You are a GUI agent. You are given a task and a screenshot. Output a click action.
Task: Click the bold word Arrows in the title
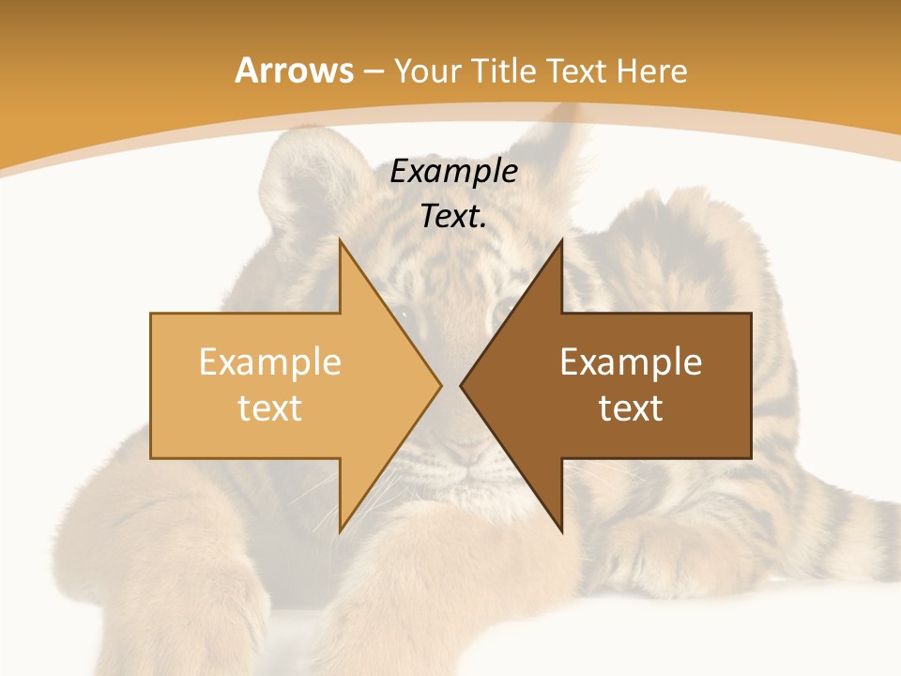(294, 70)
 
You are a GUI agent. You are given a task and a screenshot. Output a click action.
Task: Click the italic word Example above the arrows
(454, 171)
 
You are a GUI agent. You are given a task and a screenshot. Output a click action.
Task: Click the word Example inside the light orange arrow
(270, 361)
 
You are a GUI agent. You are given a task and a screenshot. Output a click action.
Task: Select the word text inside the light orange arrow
(270, 408)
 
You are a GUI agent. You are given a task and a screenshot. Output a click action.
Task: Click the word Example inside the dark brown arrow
(631, 361)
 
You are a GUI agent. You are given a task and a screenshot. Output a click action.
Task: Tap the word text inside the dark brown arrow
(631, 408)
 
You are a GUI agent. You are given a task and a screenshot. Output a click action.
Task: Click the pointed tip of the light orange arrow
(440, 385)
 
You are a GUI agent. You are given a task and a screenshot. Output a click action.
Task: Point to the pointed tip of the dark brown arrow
(461, 385)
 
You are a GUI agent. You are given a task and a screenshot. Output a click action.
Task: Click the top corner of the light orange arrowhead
(340, 240)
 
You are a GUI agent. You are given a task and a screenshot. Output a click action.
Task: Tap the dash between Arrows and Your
(373, 72)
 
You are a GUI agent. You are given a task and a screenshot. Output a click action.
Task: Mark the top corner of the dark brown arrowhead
(561, 240)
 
